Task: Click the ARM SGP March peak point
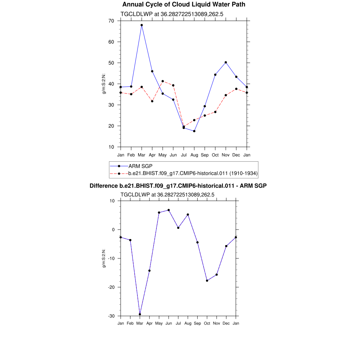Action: click(x=142, y=25)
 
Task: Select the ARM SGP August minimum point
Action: click(x=194, y=131)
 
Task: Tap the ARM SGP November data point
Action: click(x=226, y=62)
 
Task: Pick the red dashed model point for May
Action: click(x=162, y=81)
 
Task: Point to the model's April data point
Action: click(x=152, y=101)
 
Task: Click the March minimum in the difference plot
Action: click(x=140, y=314)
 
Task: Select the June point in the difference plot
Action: click(x=169, y=210)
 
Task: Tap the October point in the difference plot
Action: click(x=207, y=281)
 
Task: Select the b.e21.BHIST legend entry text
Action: click(x=193, y=173)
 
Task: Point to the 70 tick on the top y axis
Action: click(x=111, y=21)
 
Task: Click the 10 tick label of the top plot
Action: click(x=111, y=147)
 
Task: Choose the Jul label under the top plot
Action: click(x=184, y=155)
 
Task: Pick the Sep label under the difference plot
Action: click(x=198, y=323)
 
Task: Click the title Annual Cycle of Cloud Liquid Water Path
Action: click(x=184, y=5)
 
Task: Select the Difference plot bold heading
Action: click(x=178, y=186)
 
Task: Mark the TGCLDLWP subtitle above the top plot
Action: click(x=172, y=14)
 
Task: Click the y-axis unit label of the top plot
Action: click(x=104, y=84)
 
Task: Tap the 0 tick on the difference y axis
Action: click(x=113, y=230)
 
